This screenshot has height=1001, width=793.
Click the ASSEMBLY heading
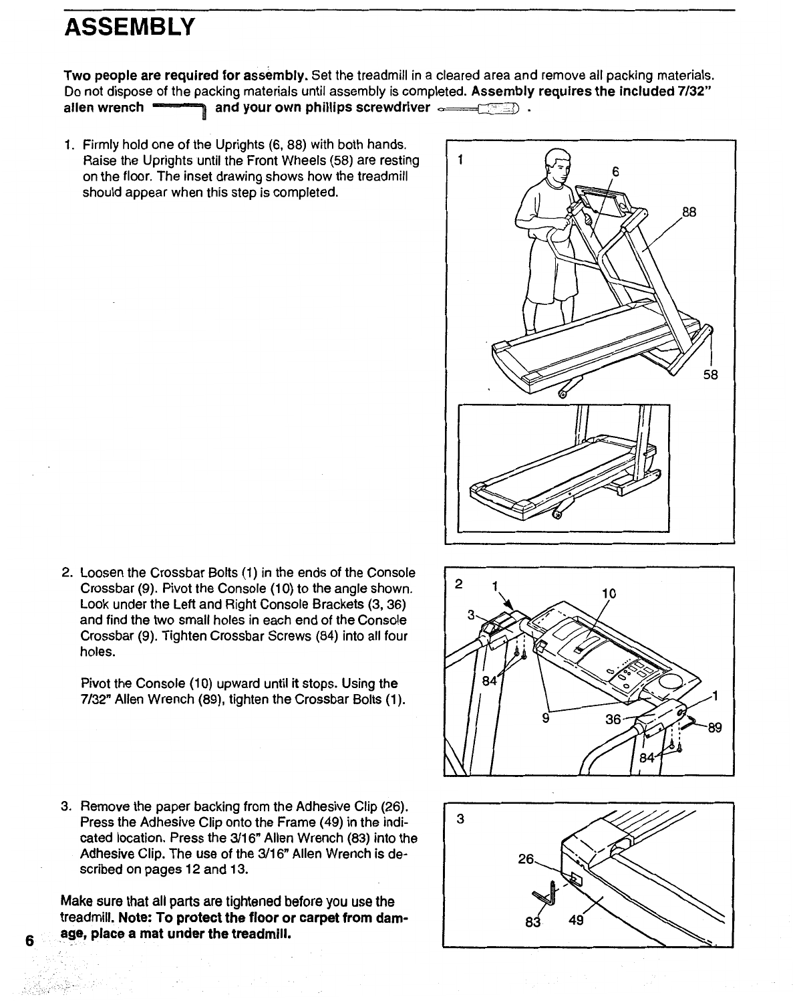pyautogui.click(x=130, y=28)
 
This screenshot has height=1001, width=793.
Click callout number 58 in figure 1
pyautogui.click(x=710, y=375)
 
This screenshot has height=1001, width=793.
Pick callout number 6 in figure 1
pyautogui.click(x=615, y=172)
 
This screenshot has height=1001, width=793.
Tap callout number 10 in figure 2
pyautogui.click(x=609, y=593)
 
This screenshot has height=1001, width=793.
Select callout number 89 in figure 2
pyautogui.click(x=715, y=728)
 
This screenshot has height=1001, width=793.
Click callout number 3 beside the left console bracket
pyautogui.click(x=470, y=615)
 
